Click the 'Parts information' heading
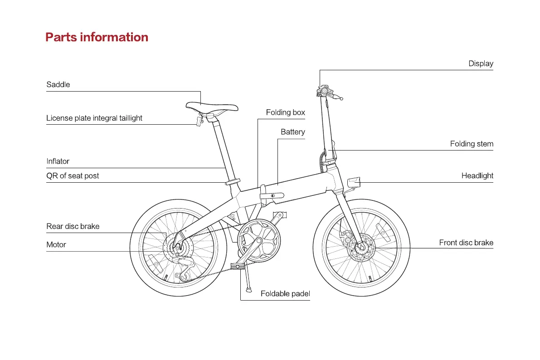(x=97, y=37)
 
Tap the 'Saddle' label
(x=58, y=84)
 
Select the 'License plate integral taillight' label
(x=94, y=118)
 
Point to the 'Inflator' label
(x=58, y=161)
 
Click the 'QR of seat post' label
(x=73, y=175)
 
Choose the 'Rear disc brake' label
(x=73, y=226)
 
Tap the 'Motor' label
(x=56, y=244)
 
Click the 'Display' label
(x=481, y=63)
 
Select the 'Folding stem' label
(x=472, y=144)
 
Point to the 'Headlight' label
(x=477, y=175)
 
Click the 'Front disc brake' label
(x=466, y=243)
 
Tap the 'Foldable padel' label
(x=285, y=294)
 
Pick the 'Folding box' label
(x=285, y=112)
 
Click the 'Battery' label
(x=292, y=132)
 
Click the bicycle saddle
(x=211, y=107)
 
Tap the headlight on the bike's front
(x=354, y=182)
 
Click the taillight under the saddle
(x=199, y=121)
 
